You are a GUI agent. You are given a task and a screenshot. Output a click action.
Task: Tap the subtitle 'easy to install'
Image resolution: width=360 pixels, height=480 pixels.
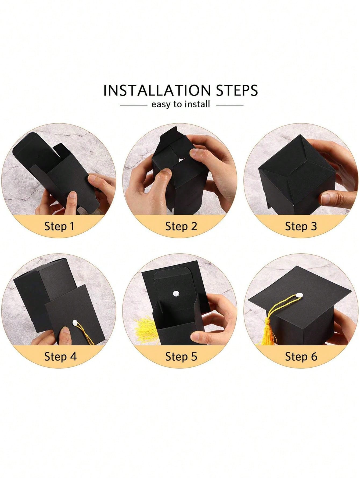click(x=181, y=104)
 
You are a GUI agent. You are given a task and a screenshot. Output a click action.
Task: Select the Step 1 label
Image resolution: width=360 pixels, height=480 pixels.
click(x=59, y=226)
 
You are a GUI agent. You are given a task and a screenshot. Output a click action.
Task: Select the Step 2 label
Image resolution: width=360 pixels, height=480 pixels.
click(x=181, y=226)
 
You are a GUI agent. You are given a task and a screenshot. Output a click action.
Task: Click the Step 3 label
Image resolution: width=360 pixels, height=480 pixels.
click(x=301, y=226)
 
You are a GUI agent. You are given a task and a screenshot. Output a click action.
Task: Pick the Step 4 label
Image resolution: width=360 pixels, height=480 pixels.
click(x=60, y=357)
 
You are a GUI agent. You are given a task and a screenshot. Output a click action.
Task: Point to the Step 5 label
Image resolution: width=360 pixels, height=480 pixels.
click(x=181, y=357)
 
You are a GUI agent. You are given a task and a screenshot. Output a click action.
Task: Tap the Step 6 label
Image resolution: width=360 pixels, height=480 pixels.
click(x=301, y=357)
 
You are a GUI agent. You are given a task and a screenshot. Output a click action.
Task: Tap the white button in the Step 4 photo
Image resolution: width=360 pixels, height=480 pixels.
click(x=75, y=322)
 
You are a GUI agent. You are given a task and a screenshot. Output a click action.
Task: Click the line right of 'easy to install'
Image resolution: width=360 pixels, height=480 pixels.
click(x=230, y=105)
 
